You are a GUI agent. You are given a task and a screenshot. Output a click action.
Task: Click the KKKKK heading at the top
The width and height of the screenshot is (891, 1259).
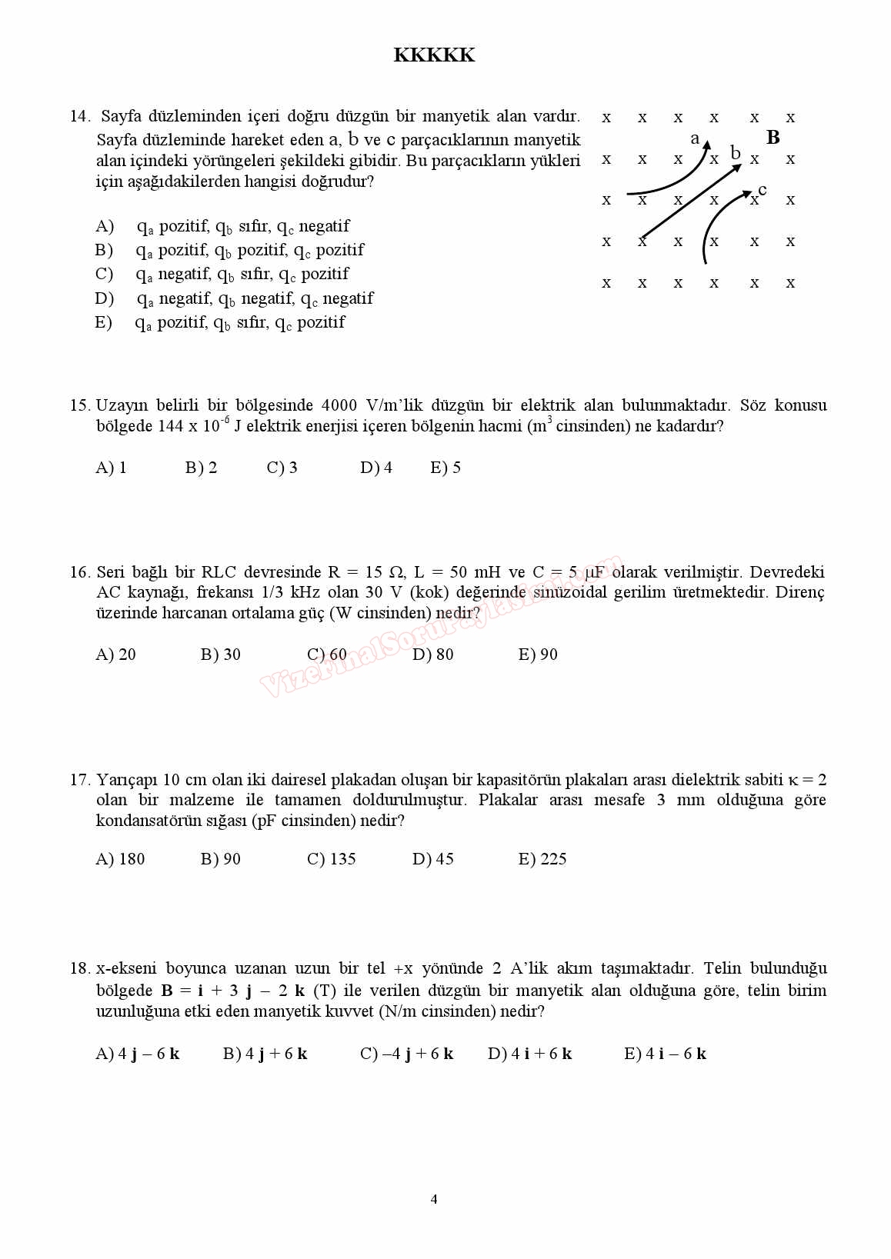tap(434, 55)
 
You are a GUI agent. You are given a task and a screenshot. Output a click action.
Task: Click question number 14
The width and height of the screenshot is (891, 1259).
tap(80, 116)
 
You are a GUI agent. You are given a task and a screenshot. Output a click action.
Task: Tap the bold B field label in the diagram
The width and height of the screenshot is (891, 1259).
tap(773, 138)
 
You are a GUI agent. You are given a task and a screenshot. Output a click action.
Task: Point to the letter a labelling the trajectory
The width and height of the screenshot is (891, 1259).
tap(695, 138)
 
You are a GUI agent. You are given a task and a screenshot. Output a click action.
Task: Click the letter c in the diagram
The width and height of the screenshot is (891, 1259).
tap(762, 189)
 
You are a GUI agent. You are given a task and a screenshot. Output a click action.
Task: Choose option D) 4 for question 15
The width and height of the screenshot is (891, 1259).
tap(376, 468)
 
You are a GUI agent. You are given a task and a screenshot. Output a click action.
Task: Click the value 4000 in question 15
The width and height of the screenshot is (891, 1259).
tap(339, 405)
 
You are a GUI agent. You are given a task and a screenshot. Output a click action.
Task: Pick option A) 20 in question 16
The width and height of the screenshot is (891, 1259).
tap(115, 654)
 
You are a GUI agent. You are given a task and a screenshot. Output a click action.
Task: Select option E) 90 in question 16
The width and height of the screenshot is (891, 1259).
tap(538, 654)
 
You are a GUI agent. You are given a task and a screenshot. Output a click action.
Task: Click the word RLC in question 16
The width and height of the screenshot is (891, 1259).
tap(219, 572)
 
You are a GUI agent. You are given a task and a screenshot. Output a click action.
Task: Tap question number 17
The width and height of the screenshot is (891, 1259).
tap(80, 780)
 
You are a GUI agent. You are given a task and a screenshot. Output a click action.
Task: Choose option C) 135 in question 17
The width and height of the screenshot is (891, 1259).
tap(332, 859)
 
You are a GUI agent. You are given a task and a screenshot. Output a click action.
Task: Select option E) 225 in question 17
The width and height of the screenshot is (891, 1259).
tap(542, 859)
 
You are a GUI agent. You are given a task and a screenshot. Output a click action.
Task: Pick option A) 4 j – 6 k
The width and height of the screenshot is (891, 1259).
tap(138, 1054)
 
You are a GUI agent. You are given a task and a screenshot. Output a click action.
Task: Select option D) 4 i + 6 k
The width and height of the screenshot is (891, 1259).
tap(530, 1054)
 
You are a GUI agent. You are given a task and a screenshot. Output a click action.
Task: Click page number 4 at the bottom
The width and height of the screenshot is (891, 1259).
tap(434, 1199)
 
